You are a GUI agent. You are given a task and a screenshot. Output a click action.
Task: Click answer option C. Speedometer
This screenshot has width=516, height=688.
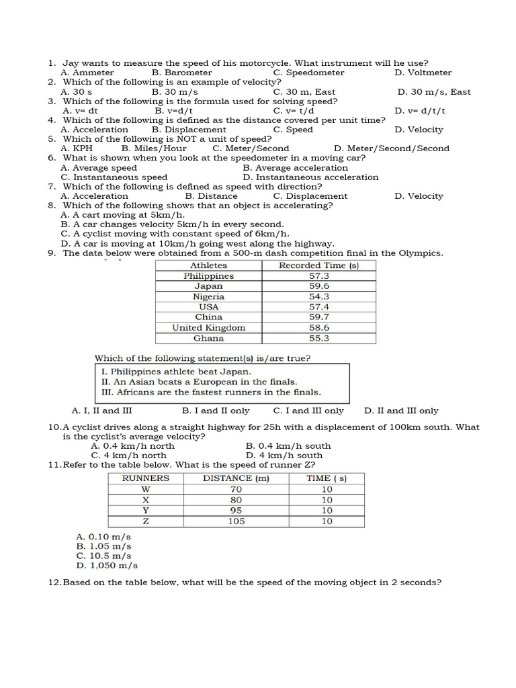(x=309, y=73)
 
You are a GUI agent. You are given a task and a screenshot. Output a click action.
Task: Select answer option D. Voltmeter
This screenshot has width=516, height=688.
(x=423, y=73)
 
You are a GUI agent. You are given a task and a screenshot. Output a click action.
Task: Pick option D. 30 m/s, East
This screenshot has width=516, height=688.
(x=434, y=92)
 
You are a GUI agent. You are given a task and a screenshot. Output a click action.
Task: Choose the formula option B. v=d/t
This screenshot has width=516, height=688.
(x=173, y=111)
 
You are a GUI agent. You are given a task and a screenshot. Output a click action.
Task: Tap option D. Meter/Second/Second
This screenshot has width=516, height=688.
(x=392, y=148)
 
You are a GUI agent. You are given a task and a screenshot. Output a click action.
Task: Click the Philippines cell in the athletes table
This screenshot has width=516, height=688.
(x=208, y=276)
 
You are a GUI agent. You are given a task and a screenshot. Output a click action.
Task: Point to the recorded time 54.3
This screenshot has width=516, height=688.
(x=319, y=296)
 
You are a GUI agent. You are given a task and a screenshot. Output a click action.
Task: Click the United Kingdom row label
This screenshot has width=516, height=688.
(x=208, y=328)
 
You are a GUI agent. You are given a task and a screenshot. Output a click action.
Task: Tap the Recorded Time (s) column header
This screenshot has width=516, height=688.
(x=319, y=265)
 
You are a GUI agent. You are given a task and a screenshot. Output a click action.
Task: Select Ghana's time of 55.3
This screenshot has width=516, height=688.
(x=319, y=339)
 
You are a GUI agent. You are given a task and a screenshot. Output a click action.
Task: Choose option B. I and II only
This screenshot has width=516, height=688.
(x=216, y=411)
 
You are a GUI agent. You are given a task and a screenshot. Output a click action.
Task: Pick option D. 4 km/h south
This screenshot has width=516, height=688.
(x=284, y=456)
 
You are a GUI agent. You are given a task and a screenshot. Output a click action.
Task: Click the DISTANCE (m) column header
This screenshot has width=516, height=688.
(x=236, y=478)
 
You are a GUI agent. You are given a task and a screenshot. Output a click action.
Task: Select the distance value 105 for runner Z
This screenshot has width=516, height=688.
(x=236, y=521)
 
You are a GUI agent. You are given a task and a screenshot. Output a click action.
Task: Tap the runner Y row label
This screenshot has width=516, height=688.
(x=146, y=511)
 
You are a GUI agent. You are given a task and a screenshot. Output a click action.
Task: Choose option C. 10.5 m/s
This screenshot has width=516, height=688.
(x=104, y=556)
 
